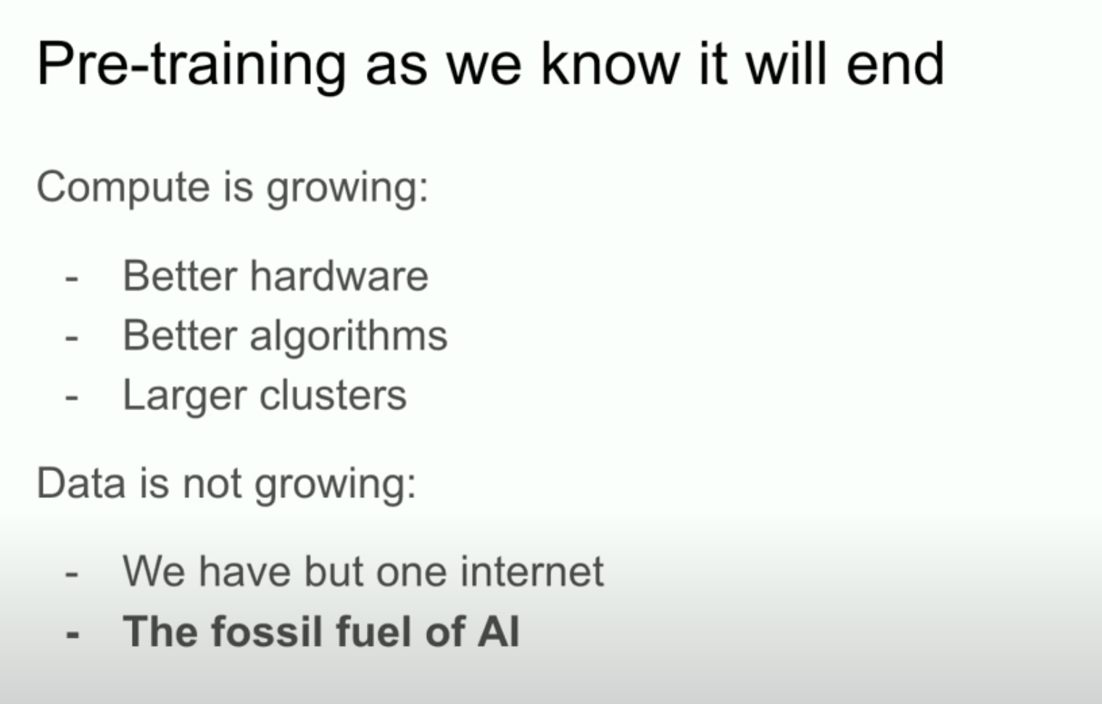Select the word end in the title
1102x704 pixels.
pos(895,64)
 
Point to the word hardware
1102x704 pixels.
pos(339,276)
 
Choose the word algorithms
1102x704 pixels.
pos(349,337)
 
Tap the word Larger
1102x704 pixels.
pos(184,396)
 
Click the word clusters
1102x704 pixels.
pos(333,395)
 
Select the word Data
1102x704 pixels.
pos(81,483)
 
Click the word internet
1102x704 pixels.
pos(532,571)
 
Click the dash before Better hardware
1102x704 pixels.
pos(71,279)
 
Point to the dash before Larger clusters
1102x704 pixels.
pos(71,398)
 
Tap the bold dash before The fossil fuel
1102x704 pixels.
pos(72,634)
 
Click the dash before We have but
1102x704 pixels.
pos(71,575)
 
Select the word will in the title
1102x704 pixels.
pos(786,64)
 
